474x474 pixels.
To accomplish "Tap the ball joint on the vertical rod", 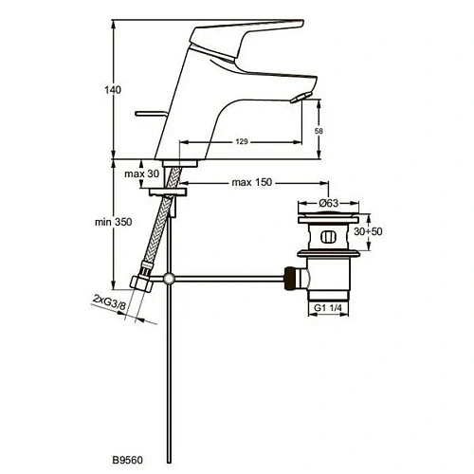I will [169, 278].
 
